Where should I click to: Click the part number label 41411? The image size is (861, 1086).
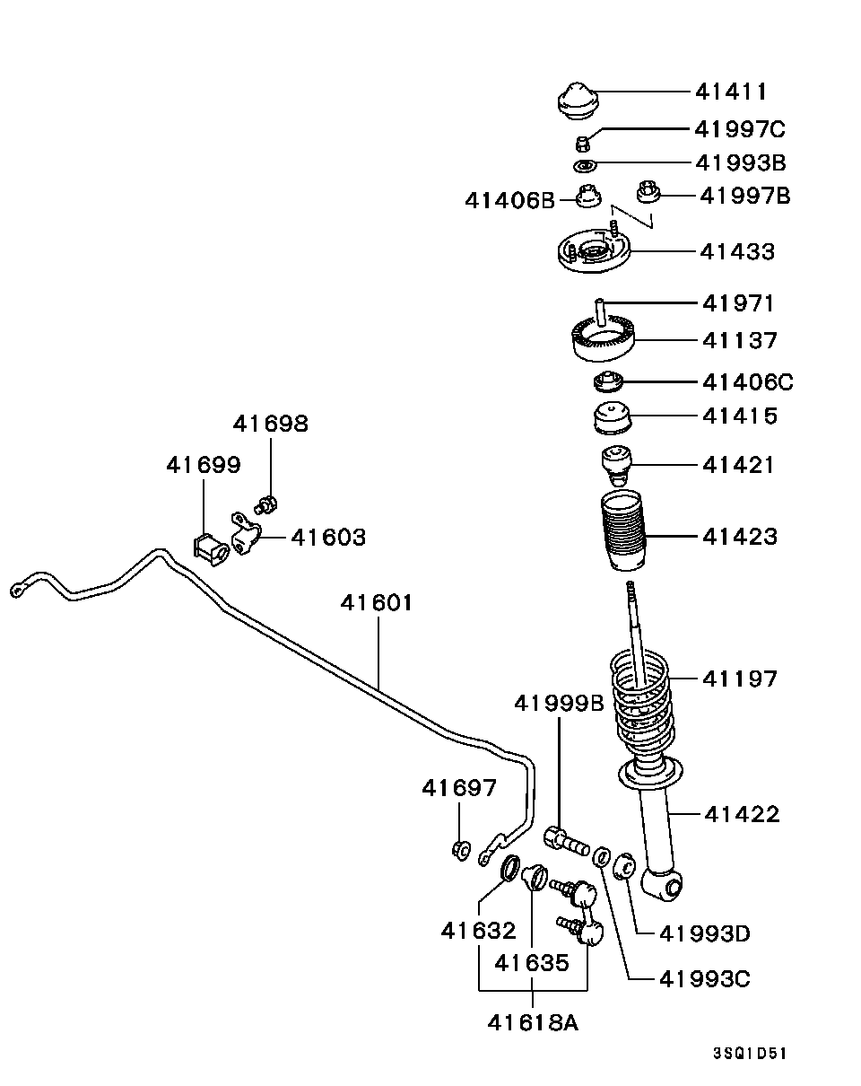(731, 92)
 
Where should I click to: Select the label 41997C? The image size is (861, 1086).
(739, 129)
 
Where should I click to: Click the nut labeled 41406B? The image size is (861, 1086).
(587, 195)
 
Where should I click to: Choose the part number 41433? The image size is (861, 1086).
(737, 251)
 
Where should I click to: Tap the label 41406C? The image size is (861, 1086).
(748, 382)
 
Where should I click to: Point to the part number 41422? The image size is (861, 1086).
(742, 814)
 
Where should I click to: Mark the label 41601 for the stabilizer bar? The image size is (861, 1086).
(377, 602)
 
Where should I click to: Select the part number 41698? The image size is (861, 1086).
(270, 424)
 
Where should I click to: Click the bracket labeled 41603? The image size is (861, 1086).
(245, 539)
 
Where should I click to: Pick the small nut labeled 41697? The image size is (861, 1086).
(461, 848)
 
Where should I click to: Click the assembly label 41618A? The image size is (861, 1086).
(534, 1021)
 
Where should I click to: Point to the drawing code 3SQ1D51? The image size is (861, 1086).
(749, 1054)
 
